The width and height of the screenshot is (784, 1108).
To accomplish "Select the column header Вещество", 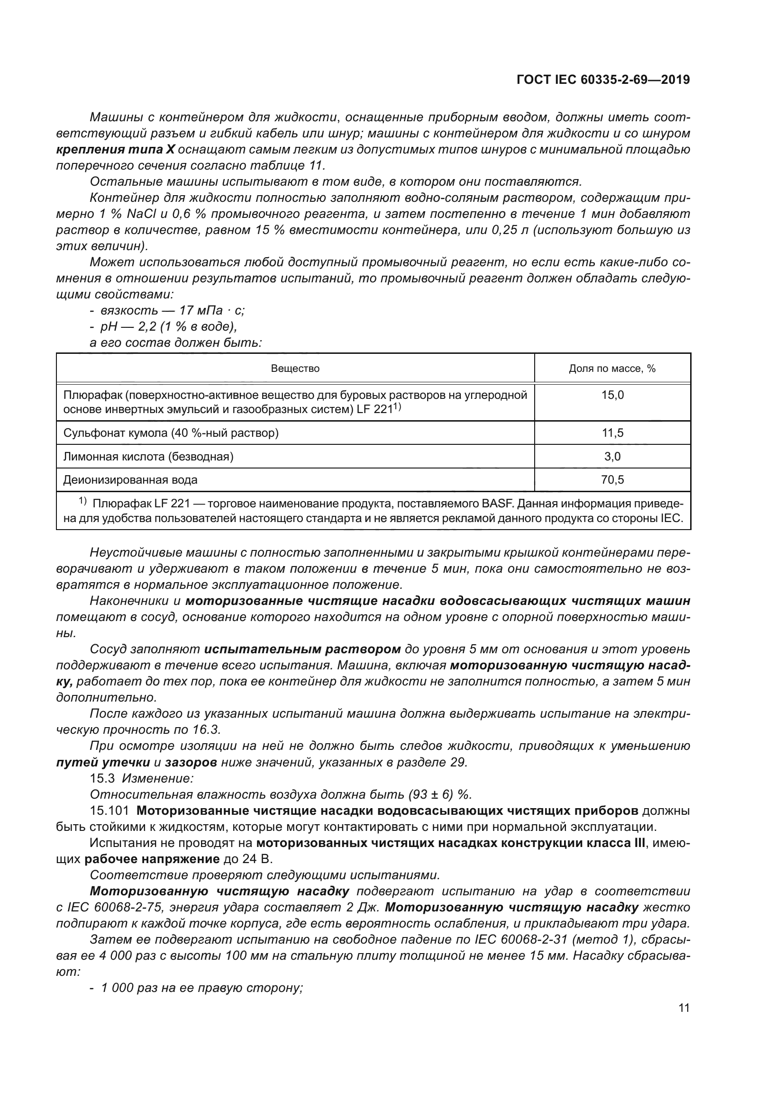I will point(295,369).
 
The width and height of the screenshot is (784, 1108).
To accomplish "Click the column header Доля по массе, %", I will point(611,369).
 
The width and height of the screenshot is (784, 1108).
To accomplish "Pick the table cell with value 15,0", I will point(612,395).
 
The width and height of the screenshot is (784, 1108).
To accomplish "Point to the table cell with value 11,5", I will point(612,433).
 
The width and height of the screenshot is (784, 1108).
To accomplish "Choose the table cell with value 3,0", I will point(612,457).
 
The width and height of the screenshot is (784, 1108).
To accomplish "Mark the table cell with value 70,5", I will point(612,480).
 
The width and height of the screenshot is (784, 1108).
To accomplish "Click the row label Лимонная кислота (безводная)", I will point(148,457).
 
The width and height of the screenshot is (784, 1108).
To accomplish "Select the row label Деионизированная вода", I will point(130,480).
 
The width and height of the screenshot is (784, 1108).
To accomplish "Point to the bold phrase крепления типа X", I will point(115,150).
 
